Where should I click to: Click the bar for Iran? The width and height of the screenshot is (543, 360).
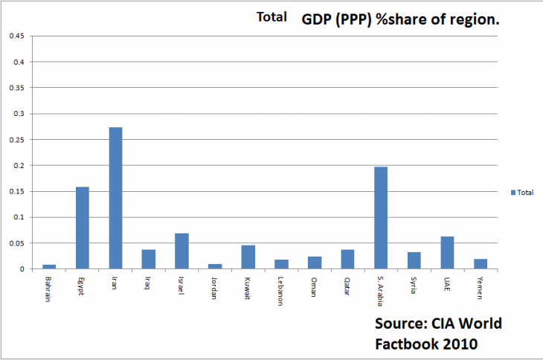pos(115,198)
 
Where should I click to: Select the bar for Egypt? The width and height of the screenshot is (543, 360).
pos(82,228)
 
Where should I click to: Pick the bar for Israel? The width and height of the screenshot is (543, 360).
pos(181,251)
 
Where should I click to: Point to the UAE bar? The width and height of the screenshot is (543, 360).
pos(446,252)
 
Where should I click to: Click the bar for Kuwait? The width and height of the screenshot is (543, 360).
pos(248,257)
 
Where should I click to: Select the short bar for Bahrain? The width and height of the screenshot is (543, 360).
pos(49,266)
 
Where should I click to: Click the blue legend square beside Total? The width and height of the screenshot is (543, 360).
pos(513,192)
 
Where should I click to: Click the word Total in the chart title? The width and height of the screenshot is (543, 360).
pos(271,17)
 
